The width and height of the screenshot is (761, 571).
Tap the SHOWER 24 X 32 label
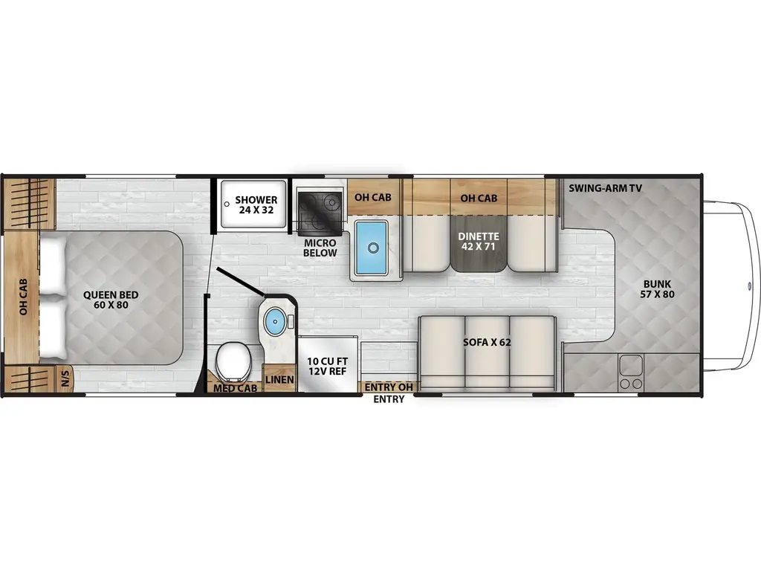coord(256,205)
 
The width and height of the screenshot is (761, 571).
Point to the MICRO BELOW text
coord(320,248)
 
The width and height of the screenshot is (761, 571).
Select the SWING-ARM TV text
coord(606,188)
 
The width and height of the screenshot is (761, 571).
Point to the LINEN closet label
coord(279,381)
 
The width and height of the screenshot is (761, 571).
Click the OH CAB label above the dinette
coord(479,198)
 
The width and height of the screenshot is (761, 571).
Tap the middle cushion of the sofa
coord(487,349)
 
